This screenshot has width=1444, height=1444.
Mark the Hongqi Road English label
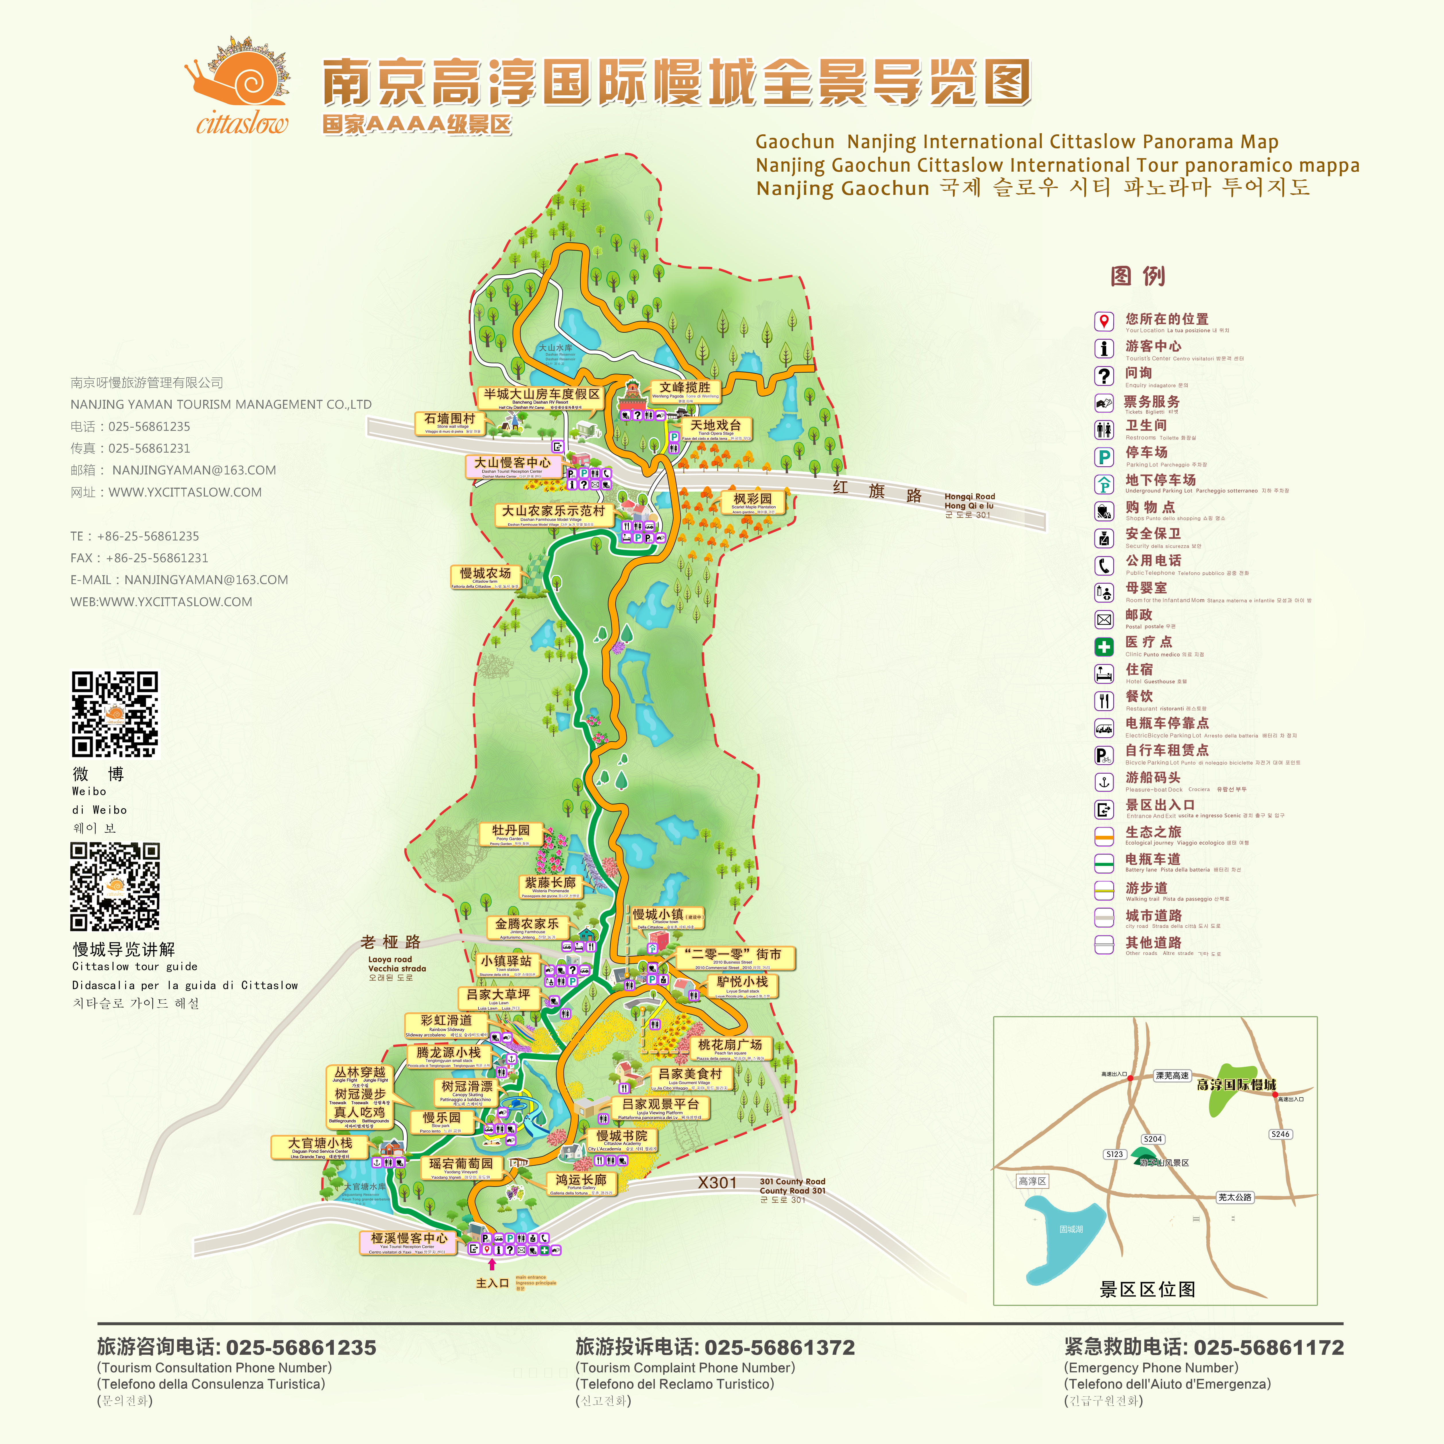click(969, 496)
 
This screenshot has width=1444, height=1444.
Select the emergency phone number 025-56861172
click(1268, 1348)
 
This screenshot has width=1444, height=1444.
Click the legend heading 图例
click(1137, 276)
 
